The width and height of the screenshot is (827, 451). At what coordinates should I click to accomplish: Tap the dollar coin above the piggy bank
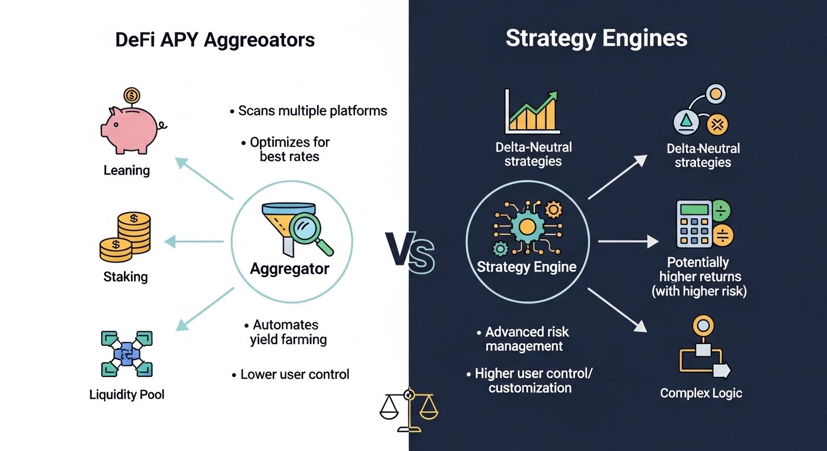pos(132,95)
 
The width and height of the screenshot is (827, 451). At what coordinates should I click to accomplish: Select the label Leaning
pos(127,171)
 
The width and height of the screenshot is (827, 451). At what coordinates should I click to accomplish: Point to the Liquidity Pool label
pos(127,394)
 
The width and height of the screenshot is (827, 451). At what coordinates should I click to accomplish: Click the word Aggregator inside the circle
pos(290,269)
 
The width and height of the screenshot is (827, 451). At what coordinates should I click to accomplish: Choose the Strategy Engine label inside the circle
pos(526,267)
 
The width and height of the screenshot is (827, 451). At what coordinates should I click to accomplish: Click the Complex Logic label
pos(701,393)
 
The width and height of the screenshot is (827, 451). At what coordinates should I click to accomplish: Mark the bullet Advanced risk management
pos(523,339)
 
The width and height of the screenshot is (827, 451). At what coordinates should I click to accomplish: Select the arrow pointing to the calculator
pos(628,241)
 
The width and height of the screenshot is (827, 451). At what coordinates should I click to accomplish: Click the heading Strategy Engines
pos(596,39)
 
